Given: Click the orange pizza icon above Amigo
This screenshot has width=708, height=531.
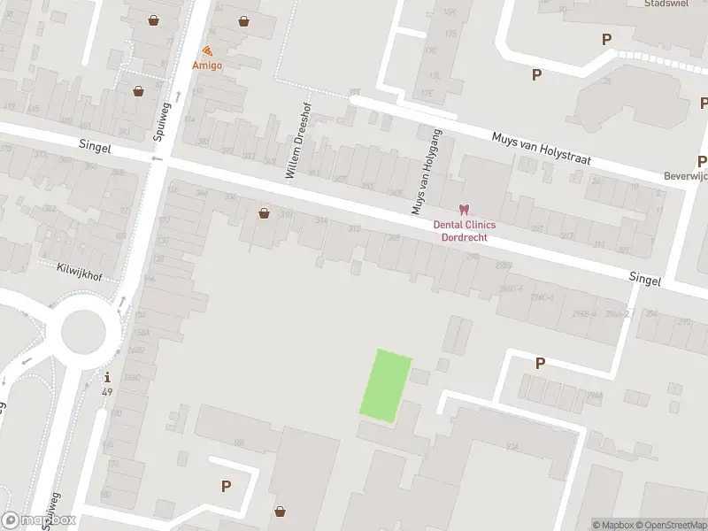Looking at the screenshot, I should pyautogui.click(x=208, y=50).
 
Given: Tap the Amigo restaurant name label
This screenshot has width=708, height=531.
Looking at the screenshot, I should pyautogui.click(x=208, y=65).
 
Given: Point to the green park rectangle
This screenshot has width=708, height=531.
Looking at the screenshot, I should pyautogui.click(x=385, y=383).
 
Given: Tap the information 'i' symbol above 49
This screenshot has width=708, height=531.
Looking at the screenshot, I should pyautogui.click(x=107, y=377).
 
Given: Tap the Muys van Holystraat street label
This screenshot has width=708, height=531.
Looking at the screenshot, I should pyautogui.click(x=541, y=149).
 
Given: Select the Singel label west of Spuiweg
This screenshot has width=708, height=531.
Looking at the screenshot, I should pyautogui.click(x=95, y=148).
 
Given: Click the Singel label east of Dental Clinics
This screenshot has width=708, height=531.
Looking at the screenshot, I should pyautogui.click(x=645, y=278).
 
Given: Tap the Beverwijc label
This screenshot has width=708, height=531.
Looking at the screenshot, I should pyautogui.click(x=687, y=177).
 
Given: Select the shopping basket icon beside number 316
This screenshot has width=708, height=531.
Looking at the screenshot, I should pyautogui.click(x=264, y=212).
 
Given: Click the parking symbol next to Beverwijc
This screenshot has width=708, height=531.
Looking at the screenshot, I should pyautogui.click(x=702, y=161).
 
